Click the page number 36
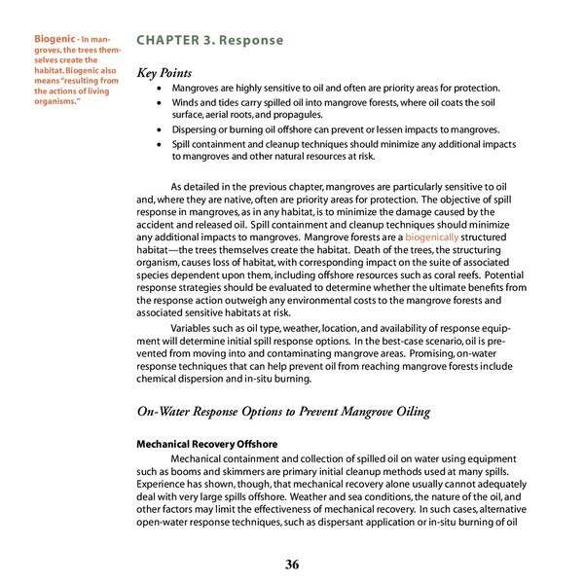coord(292,565)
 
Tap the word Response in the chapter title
coord(252,41)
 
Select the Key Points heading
coord(164,73)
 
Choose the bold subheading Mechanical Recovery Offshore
coord(207,444)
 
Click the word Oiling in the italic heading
coord(407,412)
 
